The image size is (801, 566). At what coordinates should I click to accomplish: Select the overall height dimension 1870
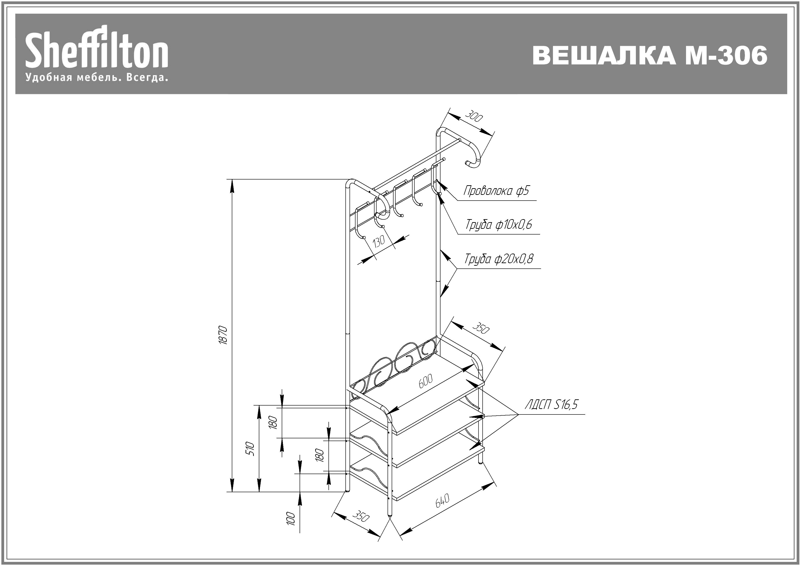[223, 335]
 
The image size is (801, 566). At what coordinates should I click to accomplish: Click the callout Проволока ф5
[496, 191]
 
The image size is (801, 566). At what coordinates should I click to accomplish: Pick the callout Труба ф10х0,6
[499, 224]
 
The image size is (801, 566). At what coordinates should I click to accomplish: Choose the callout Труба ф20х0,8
[499, 259]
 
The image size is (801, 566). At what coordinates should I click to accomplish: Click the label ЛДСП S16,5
[551, 405]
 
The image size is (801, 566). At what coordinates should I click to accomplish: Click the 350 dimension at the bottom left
[360, 516]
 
